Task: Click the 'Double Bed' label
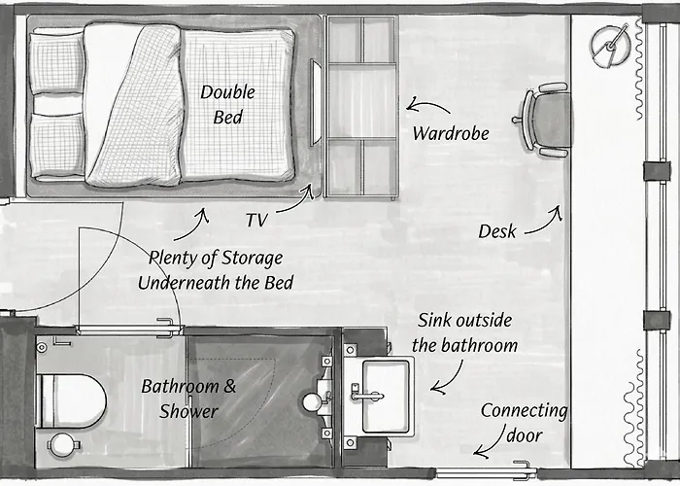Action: (x=227, y=105)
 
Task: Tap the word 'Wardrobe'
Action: (x=451, y=133)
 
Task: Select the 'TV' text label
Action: (x=256, y=220)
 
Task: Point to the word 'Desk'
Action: (x=497, y=231)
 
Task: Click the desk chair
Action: (x=542, y=121)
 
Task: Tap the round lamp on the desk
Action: (x=610, y=47)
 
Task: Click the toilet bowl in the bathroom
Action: (x=72, y=401)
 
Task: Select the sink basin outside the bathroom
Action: (x=386, y=397)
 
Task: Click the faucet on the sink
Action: (x=364, y=394)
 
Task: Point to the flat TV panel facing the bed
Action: (x=315, y=103)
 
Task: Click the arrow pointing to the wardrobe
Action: (x=427, y=105)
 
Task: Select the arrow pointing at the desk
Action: (x=545, y=222)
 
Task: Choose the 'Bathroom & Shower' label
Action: (x=188, y=399)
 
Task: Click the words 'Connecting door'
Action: (x=524, y=423)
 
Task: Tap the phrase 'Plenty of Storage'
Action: (x=216, y=259)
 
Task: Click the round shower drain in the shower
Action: (x=312, y=401)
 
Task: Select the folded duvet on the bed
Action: (x=134, y=104)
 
